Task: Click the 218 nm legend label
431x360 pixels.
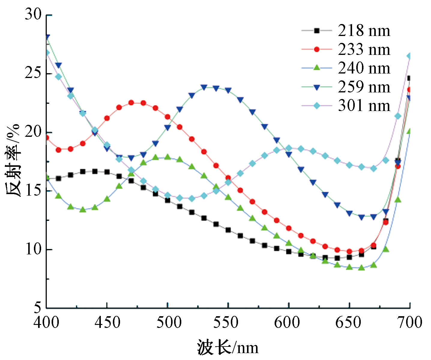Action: (x=364, y=31)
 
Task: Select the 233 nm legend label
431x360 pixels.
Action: (x=364, y=49)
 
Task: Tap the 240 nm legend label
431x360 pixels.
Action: (x=364, y=68)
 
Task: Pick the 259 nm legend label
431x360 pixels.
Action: (x=364, y=87)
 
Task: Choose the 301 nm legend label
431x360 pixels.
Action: (x=364, y=106)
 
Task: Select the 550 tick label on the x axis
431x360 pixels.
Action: (x=228, y=323)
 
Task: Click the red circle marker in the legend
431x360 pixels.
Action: (x=317, y=49)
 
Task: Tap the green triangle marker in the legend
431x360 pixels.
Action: (x=317, y=68)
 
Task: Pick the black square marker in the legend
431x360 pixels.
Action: (x=317, y=31)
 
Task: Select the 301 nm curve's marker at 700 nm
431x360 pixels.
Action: (x=409, y=56)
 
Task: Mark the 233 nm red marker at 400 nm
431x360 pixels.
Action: (x=47, y=138)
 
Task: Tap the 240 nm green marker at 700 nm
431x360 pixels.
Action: (x=409, y=131)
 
